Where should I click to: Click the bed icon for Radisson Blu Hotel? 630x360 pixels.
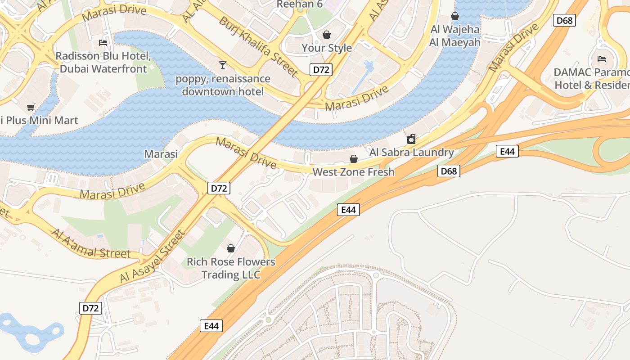click(x=103, y=43)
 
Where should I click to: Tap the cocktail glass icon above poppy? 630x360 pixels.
click(x=222, y=65)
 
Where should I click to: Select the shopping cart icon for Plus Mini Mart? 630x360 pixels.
click(x=31, y=107)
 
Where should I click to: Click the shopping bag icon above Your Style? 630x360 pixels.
click(x=327, y=35)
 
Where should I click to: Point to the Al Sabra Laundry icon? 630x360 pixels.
click(x=411, y=139)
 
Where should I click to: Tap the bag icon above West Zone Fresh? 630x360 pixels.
click(x=354, y=159)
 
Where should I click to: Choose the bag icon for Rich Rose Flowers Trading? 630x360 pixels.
click(x=231, y=248)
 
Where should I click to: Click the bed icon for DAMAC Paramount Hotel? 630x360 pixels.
click(x=601, y=58)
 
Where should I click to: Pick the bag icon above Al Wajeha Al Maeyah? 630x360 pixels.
click(x=455, y=16)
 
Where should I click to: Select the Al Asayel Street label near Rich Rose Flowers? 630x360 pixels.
click(x=152, y=257)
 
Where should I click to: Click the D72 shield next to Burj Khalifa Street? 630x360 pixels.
click(x=321, y=70)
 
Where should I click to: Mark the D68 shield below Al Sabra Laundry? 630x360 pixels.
click(x=449, y=171)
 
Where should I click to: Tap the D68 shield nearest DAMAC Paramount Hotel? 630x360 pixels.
click(x=565, y=20)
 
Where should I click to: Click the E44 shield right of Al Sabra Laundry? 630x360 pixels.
click(x=507, y=152)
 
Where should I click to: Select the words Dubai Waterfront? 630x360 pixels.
click(x=103, y=69)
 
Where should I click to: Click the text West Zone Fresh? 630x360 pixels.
click(x=353, y=172)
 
